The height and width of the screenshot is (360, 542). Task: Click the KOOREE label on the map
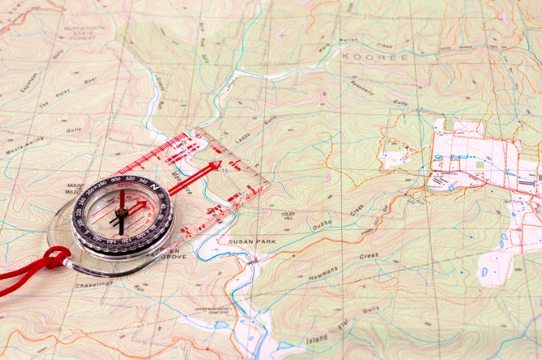[369, 57]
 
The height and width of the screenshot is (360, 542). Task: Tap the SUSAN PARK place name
[253, 242]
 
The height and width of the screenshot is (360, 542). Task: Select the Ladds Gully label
[255, 124]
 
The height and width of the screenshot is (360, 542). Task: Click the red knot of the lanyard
[56, 258]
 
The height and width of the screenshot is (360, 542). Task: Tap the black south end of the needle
[121, 225]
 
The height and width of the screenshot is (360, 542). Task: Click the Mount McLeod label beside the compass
[76, 189]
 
